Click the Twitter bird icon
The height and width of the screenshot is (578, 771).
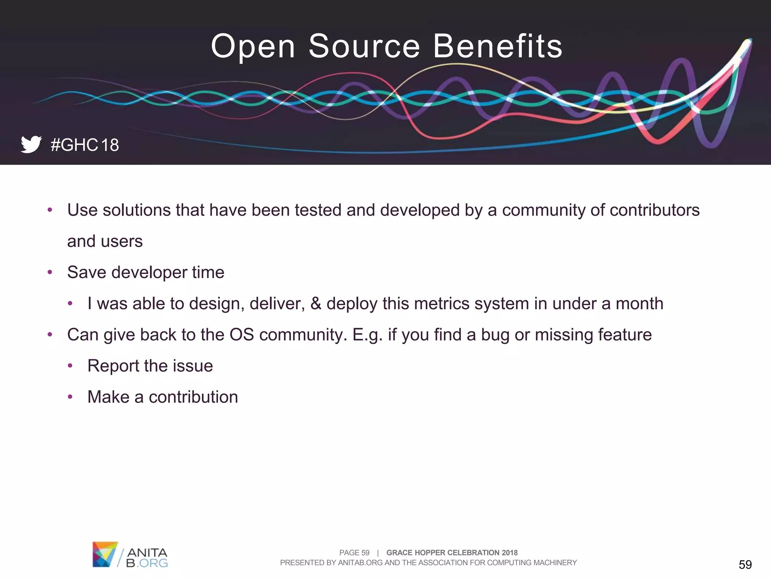tap(31, 144)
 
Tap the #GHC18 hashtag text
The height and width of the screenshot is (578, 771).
tap(85, 145)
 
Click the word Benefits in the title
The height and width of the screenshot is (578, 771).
tap(497, 46)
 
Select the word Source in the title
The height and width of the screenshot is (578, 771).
tap(364, 46)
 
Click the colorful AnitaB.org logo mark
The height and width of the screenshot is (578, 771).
tap(105, 554)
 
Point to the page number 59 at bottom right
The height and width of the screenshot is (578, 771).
tap(745, 564)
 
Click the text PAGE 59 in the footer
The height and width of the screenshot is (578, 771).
tap(354, 552)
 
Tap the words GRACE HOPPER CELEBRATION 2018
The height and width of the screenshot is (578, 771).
tap(452, 552)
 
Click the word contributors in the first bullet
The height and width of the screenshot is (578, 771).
tap(654, 210)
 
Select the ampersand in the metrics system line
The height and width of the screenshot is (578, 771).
tap(316, 303)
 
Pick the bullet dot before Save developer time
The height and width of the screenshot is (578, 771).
tap(50, 272)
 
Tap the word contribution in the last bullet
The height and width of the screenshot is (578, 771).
tap(193, 397)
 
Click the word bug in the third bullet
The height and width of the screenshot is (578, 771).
tap(495, 335)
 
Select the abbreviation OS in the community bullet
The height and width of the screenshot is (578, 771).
tap(242, 335)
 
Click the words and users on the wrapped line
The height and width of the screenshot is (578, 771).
tap(105, 241)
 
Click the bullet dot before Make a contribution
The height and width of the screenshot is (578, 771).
tap(70, 397)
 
